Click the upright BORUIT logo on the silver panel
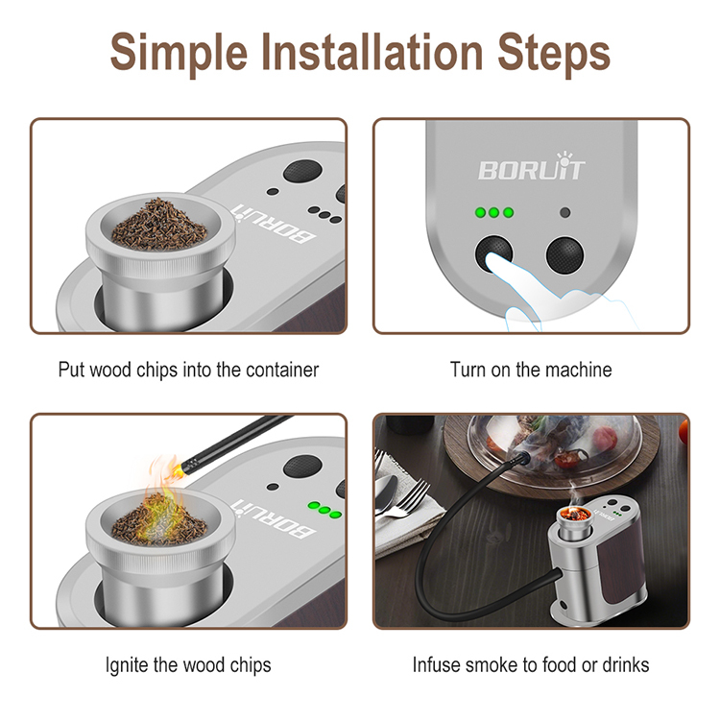(x=531, y=170)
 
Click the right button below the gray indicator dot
(x=565, y=255)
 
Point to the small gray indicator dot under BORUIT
(x=565, y=212)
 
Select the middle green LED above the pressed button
(x=494, y=212)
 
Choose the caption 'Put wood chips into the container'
(x=188, y=369)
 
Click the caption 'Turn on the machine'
(x=531, y=369)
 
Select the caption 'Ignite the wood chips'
(x=188, y=663)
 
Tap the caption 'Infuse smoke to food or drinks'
(x=531, y=663)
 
